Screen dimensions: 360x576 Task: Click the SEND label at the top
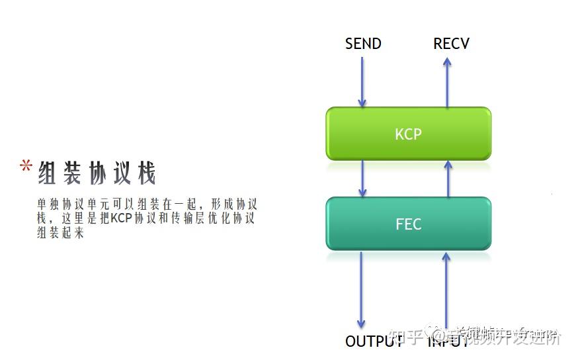coord(363,44)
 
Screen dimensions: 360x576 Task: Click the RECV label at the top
coord(451,44)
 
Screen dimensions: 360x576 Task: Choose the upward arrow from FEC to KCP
coord(448,178)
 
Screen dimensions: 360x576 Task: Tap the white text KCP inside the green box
coord(408,134)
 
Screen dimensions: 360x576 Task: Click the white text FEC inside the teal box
coord(408,224)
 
